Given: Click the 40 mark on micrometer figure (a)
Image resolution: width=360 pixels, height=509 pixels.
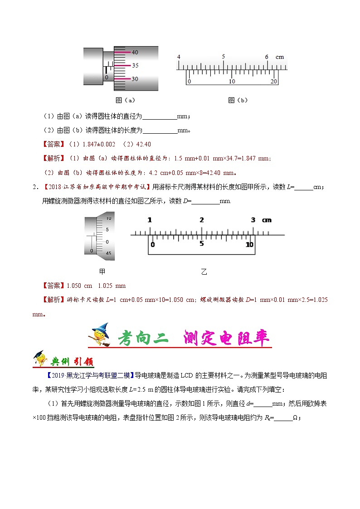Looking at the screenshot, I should click(x=135, y=52).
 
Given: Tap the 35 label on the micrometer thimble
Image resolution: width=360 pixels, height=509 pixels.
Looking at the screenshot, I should click(x=135, y=65).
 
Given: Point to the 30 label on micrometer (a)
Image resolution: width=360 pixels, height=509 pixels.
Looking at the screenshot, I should click(x=135, y=79).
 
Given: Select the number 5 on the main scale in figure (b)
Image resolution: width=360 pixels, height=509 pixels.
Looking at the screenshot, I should click(x=223, y=57).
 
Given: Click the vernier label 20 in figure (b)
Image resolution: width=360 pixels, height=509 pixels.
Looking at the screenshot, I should click(x=274, y=82).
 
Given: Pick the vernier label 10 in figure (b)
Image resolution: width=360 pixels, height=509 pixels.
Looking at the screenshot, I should click(x=232, y=82).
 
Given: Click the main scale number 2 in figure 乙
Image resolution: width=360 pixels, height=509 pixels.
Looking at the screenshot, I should click(x=201, y=220).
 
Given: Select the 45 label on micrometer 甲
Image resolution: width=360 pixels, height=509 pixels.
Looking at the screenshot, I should click(x=108, y=253).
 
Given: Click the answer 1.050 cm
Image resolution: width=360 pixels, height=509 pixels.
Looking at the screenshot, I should click(x=79, y=286).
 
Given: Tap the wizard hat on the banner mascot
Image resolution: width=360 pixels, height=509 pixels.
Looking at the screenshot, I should click(x=103, y=328).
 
